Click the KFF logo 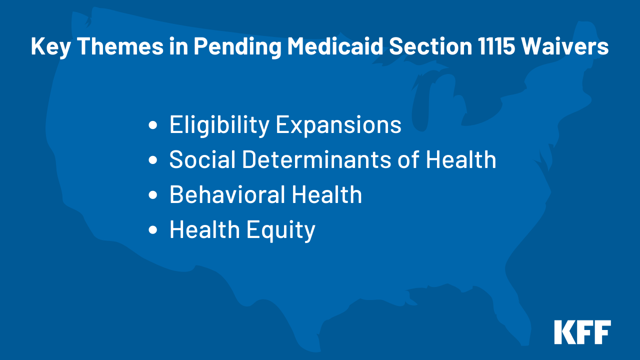pyautogui.click(x=582, y=332)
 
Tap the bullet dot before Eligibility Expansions pyautogui.click(x=153, y=125)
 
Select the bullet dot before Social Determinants pyautogui.click(x=153, y=160)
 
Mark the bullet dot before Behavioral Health pyautogui.click(x=153, y=195)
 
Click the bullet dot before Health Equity pyautogui.click(x=153, y=230)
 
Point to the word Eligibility pyautogui.click(x=219, y=125)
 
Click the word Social pyautogui.click(x=202, y=159)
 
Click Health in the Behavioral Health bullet pyautogui.click(x=327, y=194)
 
